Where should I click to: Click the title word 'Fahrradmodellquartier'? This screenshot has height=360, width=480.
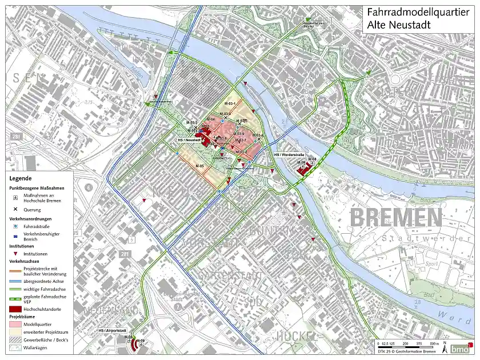point(419,11)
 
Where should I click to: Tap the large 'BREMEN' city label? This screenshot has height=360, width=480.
point(395,218)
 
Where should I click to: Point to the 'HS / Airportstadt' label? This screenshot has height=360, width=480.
point(112,330)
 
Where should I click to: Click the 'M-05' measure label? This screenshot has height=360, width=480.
point(199,166)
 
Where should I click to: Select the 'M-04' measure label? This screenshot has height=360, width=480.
point(210,119)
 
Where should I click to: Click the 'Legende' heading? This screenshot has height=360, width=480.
point(20,178)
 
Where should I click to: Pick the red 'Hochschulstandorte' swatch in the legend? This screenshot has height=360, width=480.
point(15,309)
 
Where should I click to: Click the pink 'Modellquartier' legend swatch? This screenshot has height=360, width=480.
point(15,323)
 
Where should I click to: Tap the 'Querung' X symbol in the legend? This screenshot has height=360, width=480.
point(15,210)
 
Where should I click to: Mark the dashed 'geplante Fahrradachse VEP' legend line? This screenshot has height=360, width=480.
point(15,297)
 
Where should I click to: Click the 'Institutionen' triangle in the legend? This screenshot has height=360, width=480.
point(15,254)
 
